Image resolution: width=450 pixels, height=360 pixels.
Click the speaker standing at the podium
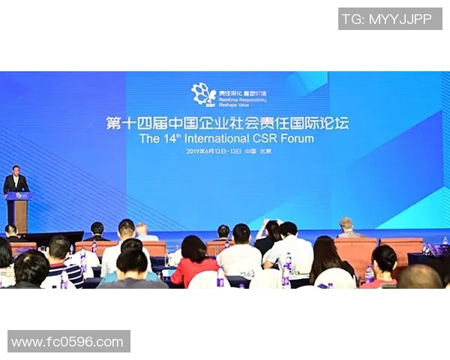15,181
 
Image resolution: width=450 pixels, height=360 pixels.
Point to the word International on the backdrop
211,139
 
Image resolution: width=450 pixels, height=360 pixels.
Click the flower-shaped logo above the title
202,94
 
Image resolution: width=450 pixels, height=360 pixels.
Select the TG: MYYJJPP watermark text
389,19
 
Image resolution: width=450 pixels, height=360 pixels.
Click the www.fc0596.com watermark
68,342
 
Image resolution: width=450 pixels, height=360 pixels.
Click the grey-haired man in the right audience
346,227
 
